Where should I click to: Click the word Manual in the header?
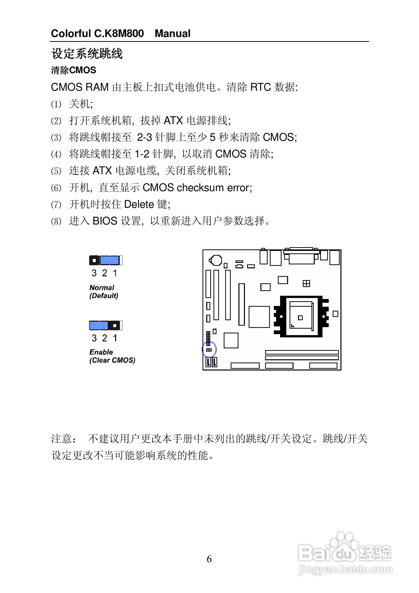[172, 34]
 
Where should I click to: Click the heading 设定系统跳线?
[87, 54]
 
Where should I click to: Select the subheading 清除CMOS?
[74, 70]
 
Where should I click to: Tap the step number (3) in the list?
[56, 137]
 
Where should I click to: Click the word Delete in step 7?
[139, 204]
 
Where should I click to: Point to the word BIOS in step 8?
[105, 221]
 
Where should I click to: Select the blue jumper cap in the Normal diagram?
[109, 260]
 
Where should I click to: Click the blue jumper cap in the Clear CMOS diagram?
[99, 325]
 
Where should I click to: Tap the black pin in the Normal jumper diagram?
[94, 260]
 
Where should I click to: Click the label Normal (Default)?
[104, 292]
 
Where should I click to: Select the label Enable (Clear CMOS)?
[112, 356]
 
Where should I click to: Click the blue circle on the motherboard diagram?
[209, 349]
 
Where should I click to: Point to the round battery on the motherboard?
[216, 260]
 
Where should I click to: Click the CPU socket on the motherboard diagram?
[301, 316]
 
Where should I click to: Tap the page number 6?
[209, 559]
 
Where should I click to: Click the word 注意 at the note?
[62, 439]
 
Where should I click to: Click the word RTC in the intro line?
[260, 87]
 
